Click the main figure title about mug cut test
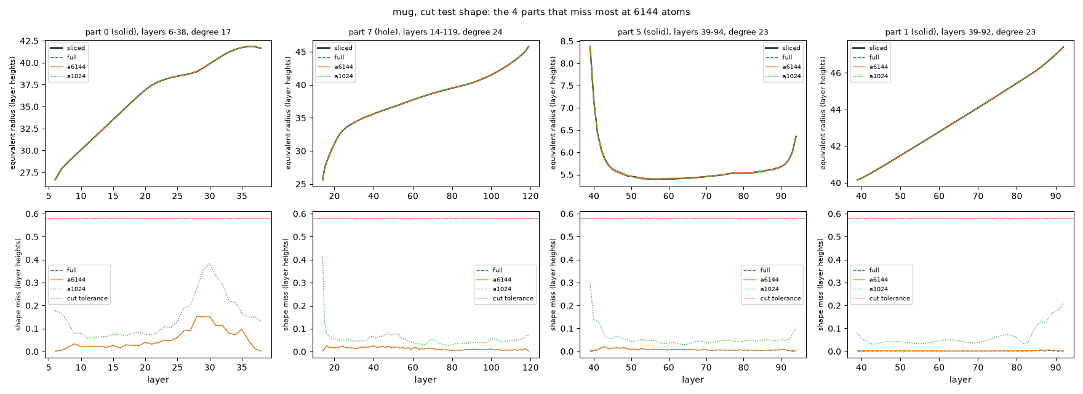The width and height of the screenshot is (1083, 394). point(541,12)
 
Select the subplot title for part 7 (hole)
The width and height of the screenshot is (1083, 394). point(425,32)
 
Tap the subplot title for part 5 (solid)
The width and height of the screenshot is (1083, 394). point(693,32)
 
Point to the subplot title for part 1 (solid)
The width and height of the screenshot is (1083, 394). point(960,32)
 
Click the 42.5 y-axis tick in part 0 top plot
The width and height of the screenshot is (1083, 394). point(30,41)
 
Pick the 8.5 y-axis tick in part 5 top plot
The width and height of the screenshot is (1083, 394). point(567,42)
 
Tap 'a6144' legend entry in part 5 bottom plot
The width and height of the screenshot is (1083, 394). point(772,279)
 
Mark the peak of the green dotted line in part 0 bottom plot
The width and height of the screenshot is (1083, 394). point(210,263)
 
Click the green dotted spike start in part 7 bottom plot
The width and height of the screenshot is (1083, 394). point(322,256)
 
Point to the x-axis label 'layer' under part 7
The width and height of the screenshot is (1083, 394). point(425,380)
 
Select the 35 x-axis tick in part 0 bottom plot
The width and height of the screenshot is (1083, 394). point(242,368)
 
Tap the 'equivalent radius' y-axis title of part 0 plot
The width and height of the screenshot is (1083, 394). point(12,113)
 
